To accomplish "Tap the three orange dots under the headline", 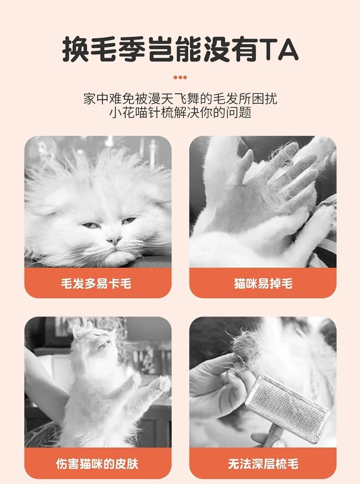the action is pyautogui.click(x=180, y=77).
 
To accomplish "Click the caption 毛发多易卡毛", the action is pyautogui.click(x=96, y=283).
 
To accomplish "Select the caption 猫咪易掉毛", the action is pyautogui.click(x=263, y=283).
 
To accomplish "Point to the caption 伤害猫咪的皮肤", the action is pyautogui.click(x=97, y=464).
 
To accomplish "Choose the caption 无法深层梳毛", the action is pyautogui.click(x=263, y=464).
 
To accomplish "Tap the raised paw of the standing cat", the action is pyautogui.click(x=163, y=384).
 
